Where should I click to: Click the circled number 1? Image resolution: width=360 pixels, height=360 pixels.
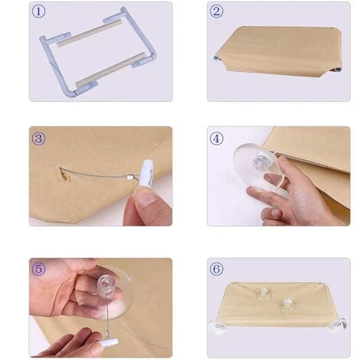[x=38, y=11]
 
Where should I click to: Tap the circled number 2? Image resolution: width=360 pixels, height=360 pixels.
[x=217, y=11]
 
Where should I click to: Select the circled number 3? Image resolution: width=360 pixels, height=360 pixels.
[x=38, y=139]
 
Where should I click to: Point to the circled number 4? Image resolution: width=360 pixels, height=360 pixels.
[x=217, y=139]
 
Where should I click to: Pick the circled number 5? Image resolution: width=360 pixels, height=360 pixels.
[x=38, y=269]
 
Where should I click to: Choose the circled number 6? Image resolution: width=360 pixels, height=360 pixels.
[x=217, y=269]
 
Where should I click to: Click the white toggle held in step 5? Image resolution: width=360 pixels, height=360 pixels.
[x=109, y=342]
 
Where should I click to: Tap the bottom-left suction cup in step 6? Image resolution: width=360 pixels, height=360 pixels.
[x=218, y=327]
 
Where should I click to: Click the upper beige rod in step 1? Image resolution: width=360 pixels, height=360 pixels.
[x=89, y=34]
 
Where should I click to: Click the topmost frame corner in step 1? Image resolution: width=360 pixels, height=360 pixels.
[x=123, y=10]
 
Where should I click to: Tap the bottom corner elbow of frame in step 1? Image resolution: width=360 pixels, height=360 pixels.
[x=70, y=93]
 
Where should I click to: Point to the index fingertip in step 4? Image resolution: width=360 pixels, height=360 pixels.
[x=282, y=159]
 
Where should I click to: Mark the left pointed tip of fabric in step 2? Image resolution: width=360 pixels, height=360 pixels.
[x=214, y=57]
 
